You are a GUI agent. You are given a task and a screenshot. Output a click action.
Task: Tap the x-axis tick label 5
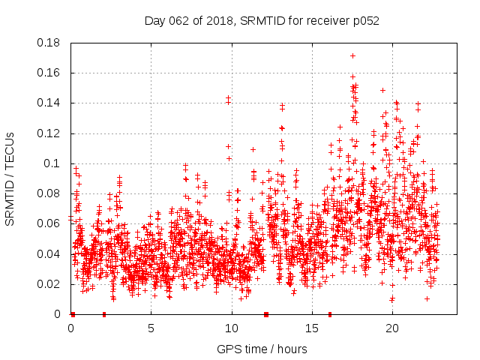click(151, 328)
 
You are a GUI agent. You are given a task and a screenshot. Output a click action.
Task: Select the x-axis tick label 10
click(232, 328)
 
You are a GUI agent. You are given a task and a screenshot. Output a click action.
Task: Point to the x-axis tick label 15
click(312, 328)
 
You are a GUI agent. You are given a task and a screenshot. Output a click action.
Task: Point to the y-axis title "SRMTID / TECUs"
click(10, 179)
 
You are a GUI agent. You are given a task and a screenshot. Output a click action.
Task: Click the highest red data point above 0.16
click(352, 55)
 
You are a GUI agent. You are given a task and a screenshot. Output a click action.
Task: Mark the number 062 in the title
click(181, 20)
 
